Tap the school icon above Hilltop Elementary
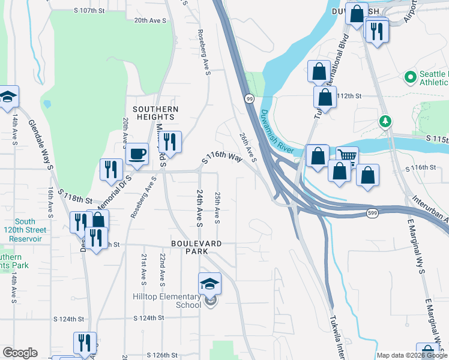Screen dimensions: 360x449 coord(209,283)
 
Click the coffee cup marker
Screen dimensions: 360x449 coord(137,154)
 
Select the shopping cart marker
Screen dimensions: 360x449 coord(347,157)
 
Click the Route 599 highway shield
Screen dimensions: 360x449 coord(372,214)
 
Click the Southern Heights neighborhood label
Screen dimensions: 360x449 coord(155,113)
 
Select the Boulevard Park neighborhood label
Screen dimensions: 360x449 coord(196,247)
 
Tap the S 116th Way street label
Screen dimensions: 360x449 coord(222,157)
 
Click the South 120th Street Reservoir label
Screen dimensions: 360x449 coord(25,230)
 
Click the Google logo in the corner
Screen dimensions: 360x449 coord(20,353)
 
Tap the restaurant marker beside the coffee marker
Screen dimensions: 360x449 coord(171,142)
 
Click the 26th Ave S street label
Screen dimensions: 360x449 coord(247,148)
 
